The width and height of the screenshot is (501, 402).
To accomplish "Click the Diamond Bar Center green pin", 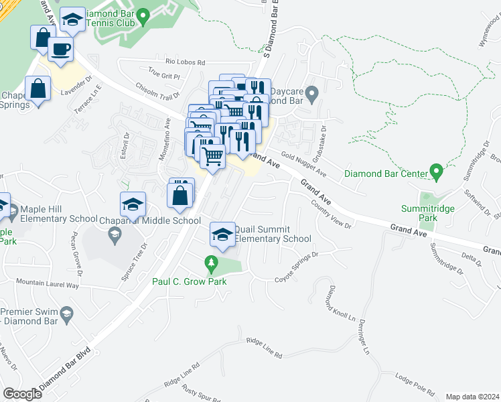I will coord(437,173).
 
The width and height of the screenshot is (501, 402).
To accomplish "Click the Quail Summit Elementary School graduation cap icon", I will coord(222,234).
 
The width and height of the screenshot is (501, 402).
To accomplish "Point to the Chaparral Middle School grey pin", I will coord(115,234).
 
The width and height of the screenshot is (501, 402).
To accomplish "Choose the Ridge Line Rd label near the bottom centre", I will coord(264,347).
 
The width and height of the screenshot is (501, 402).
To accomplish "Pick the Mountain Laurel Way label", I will coord(48,284).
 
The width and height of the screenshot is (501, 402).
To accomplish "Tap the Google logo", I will coord(22,394).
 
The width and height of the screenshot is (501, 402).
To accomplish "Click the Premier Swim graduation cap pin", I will coord(67,315).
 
